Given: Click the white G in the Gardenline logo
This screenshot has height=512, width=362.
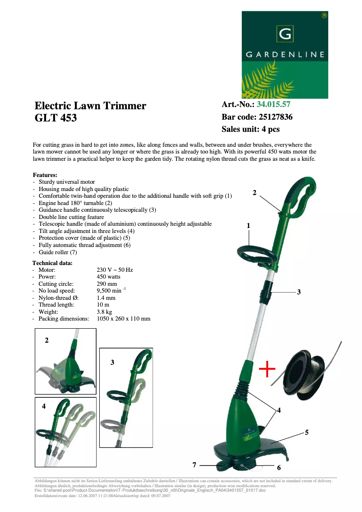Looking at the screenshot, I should (285, 34).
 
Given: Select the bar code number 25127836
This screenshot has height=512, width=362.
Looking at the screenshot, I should (275, 117).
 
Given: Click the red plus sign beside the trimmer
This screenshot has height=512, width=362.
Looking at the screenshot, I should (267, 369).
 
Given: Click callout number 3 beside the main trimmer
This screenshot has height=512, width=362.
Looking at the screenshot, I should (299, 292).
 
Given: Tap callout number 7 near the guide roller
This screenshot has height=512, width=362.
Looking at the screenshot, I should (195, 465).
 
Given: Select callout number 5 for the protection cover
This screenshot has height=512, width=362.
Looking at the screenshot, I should (306, 433).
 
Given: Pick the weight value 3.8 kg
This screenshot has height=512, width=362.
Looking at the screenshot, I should (104, 312).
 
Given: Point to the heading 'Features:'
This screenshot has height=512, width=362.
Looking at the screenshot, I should (45, 175).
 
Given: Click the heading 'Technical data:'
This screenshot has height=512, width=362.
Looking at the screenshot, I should (52, 263).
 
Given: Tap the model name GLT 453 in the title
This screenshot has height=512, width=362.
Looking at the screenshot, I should (56, 118).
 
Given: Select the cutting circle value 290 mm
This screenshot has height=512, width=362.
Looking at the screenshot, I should (107, 284).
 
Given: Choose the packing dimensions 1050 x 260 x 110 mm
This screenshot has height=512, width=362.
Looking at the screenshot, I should (124, 319).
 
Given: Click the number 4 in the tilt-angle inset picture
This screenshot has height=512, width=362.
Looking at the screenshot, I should (44, 406).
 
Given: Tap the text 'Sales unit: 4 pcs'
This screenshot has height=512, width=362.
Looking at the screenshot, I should (251, 129).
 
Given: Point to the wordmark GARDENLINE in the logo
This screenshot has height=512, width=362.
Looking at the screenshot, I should (285, 55).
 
